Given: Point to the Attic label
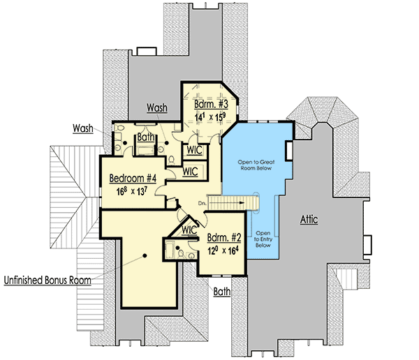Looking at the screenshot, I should [309, 220].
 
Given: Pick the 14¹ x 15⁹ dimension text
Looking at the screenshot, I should [210, 117].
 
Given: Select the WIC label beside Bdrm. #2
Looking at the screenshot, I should [187, 229].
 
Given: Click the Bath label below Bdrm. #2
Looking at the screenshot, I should [222, 291].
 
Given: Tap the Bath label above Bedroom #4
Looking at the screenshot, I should [146, 137].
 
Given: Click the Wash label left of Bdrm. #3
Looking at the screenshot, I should [156, 107].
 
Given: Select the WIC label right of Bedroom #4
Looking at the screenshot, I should [189, 170].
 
